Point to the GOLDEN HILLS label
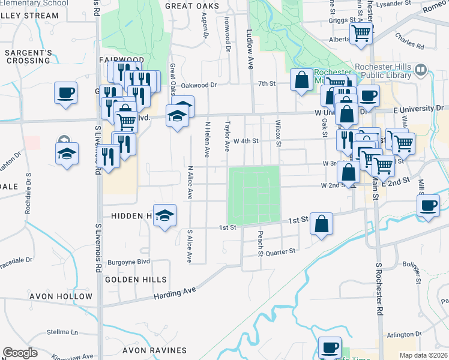coord(131,280)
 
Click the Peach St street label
coord(261,244)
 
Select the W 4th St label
coord(246,141)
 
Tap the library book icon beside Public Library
coord(421,70)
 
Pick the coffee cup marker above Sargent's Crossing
coord(66,93)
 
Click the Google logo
coord(20,353)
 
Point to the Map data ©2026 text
coord(423,355)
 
